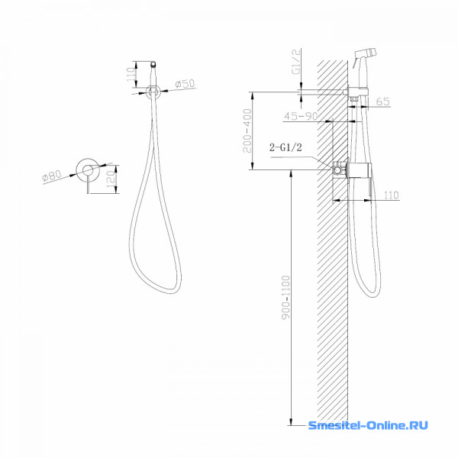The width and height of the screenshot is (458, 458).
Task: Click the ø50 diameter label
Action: (185, 84)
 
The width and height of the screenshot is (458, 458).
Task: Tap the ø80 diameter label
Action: (52, 176)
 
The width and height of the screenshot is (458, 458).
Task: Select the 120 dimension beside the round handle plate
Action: (112, 179)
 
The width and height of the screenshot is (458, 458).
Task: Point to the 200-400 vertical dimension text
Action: (247, 131)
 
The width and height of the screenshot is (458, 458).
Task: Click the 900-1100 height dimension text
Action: (286, 298)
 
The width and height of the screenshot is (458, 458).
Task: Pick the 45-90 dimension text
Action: (301, 116)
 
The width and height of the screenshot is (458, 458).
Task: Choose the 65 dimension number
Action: (383, 102)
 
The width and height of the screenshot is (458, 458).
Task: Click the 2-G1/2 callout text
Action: (285, 147)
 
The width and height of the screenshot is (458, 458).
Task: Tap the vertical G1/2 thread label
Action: (296, 62)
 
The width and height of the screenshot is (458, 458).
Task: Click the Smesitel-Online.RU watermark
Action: (368, 425)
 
